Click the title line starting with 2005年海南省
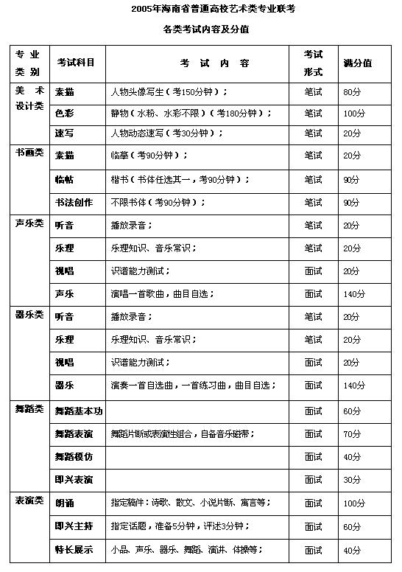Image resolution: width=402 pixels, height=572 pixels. pos(200,9)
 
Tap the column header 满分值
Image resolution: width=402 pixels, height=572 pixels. pos(357,63)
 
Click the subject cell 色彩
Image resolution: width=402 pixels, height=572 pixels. pos(65,113)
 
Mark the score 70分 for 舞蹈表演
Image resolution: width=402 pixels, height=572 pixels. pos(353,433)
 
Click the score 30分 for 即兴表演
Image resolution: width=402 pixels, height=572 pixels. pos(353,480)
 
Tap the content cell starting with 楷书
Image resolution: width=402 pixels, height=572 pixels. pos(180,179)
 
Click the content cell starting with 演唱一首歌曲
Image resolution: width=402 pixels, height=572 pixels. pos(162,293)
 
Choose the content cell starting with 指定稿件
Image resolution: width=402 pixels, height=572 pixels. pos(190,503)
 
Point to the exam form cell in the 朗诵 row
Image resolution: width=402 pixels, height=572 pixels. pos(313,503)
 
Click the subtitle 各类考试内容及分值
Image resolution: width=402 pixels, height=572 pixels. pos(200,29)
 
